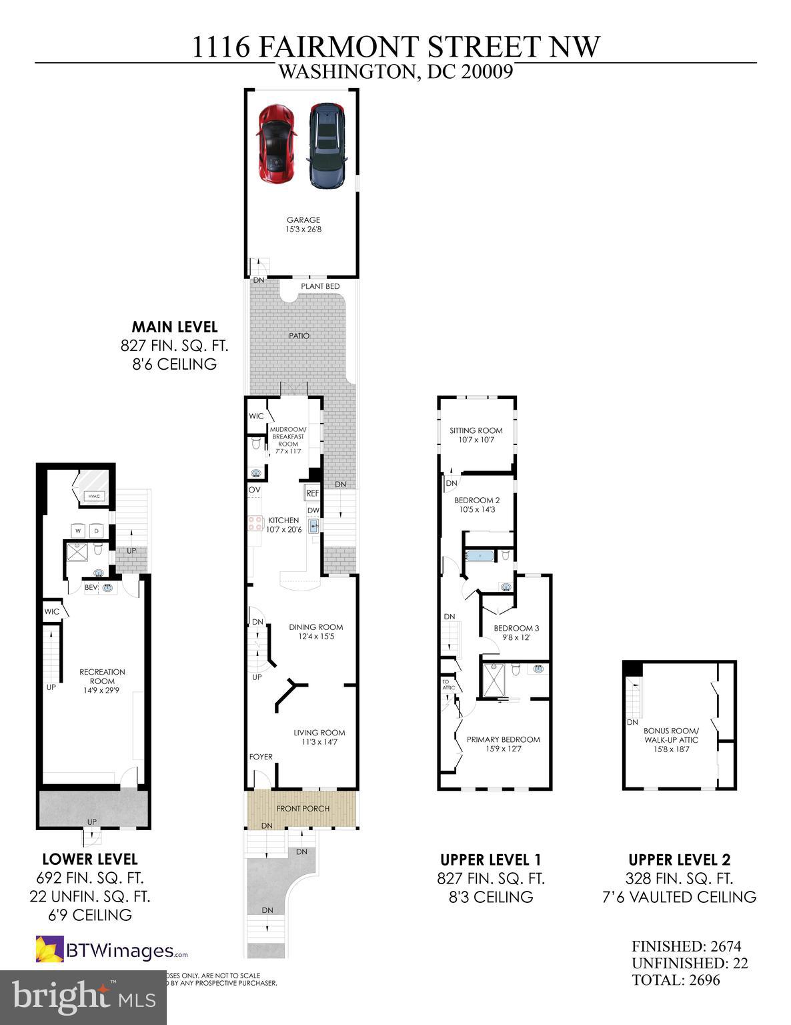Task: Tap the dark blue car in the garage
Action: [327, 145]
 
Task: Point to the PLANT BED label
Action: [320, 286]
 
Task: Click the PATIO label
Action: [299, 336]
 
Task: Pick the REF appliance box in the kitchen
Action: [312, 493]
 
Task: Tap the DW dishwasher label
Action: [313, 510]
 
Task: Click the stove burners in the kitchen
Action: [255, 523]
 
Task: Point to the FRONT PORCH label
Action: [303, 808]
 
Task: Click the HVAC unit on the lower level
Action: [92, 495]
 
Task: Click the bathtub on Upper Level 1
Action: [478, 555]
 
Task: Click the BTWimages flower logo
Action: [49, 950]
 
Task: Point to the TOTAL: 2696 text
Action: [676, 980]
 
